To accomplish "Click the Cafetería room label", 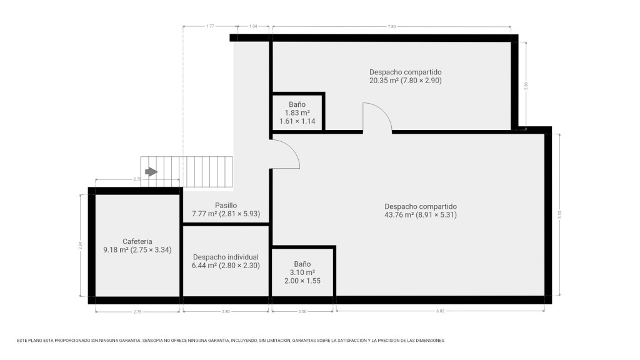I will pyautogui.click(x=137, y=241).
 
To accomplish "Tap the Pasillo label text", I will pyautogui.click(x=226, y=205).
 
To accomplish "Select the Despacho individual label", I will pyautogui.click(x=226, y=257).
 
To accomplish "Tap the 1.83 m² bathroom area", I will pyautogui.click(x=297, y=112).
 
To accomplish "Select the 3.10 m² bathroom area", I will pyautogui.click(x=302, y=272).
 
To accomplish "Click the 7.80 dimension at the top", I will pyautogui.click(x=391, y=26).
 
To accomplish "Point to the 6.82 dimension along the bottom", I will pyautogui.click(x=440, y=311).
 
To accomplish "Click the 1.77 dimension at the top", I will pyautogui.click(x=210, y=26).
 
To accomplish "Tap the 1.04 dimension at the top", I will pyautogui.click(x=253, y=26).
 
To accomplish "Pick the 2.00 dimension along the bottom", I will pyautogui.click(x=302, y=311).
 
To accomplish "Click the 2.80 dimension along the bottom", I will pyautogui.click(x=226, y=311).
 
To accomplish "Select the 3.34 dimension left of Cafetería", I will pyautogui.click(x=81, y=246).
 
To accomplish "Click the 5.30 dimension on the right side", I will pyautogui.click(x=559, y=214).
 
